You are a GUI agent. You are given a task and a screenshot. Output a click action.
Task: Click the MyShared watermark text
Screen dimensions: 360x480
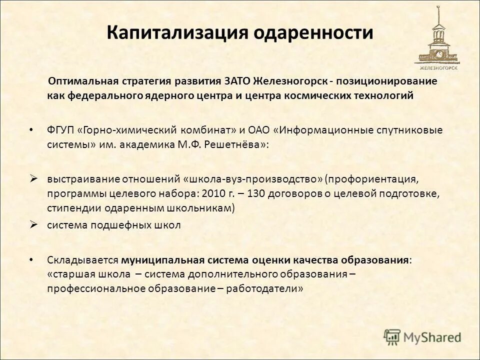coord(431,337)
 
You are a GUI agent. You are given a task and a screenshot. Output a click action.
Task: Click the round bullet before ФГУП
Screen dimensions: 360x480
coord(31,129)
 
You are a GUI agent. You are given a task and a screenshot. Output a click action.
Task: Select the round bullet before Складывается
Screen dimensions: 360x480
coord(31,260)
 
